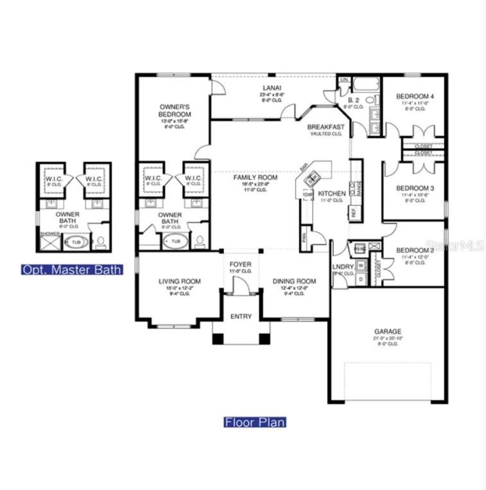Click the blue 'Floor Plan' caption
click(255, 422)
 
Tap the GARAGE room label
click(388, 331)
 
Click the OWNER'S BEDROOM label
click(175, 111)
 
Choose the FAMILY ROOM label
click(255, 178)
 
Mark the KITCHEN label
click(332, 194)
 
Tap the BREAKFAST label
click(326, 127)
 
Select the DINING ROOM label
click(294, 281)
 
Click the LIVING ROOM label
click(179, 281)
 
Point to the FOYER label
click(241, 264)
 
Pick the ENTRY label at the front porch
click(241, 316)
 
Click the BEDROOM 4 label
click(415, 96)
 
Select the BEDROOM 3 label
click(415, 188)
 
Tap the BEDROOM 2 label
click(415, 250)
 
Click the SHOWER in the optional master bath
click(49, 234)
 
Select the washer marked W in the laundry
click(361, 264)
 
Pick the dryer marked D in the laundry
click(361, 279)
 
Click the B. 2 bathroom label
click(353, 100)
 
